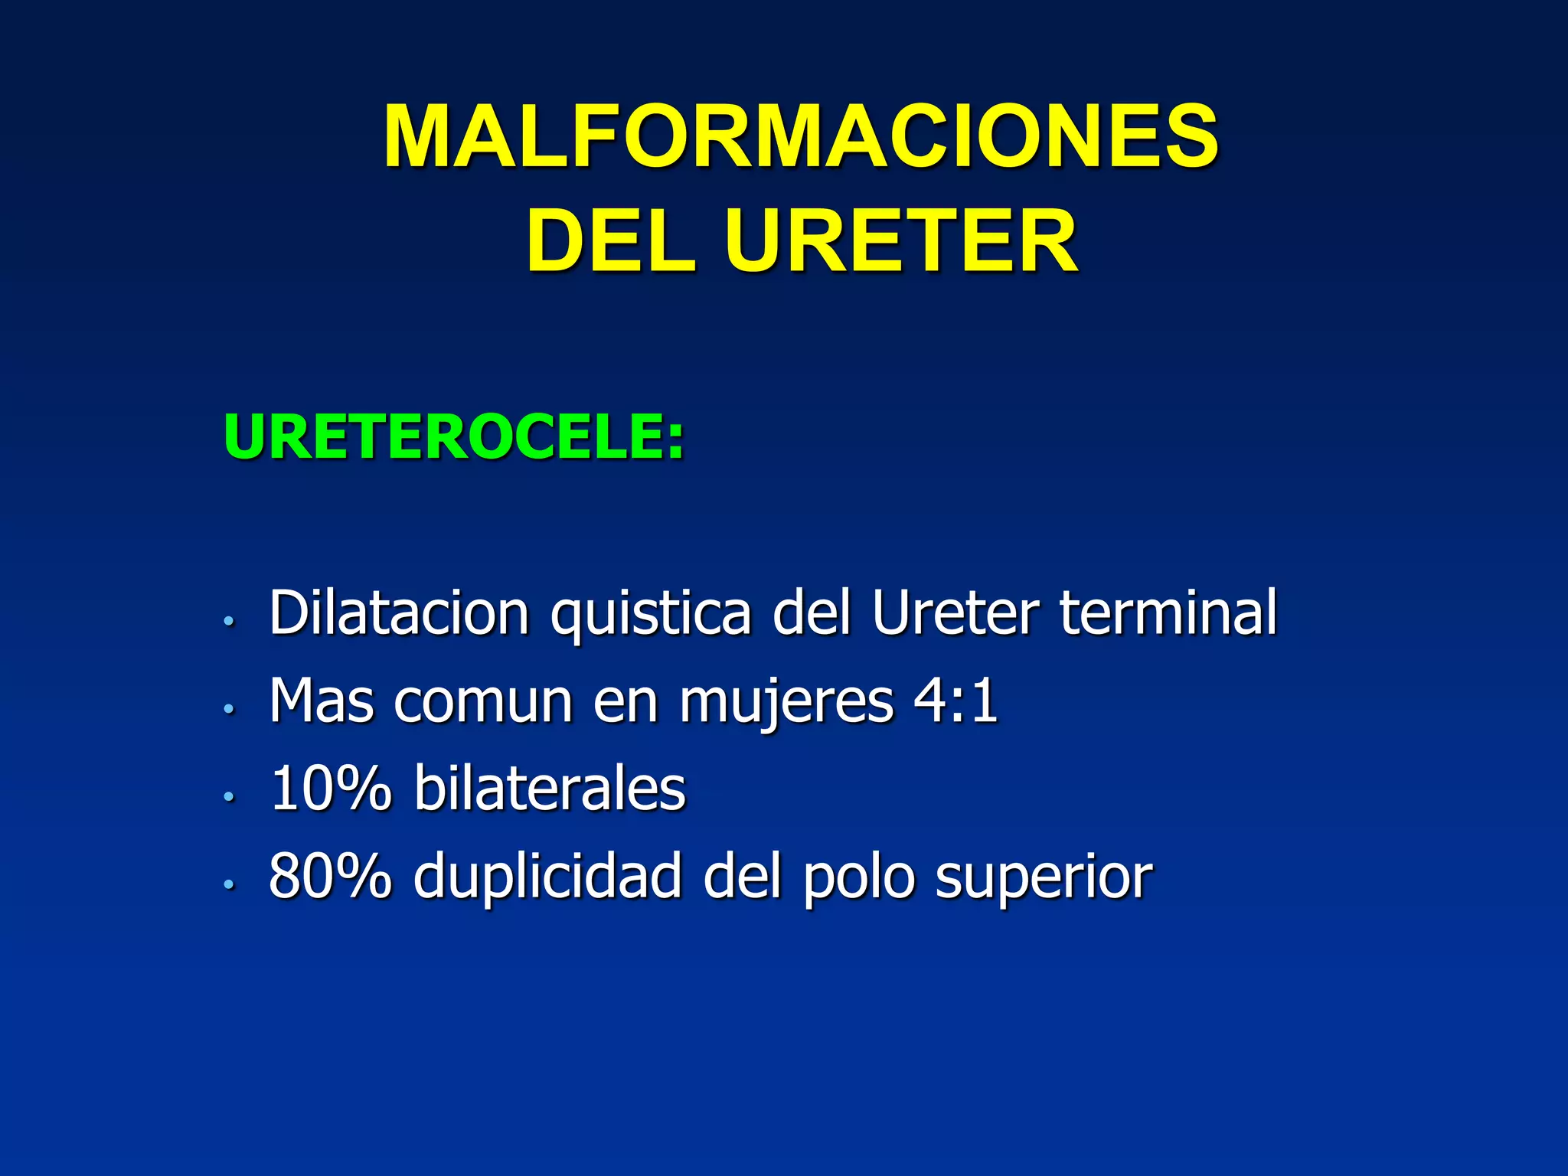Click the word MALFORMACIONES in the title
(801, 137)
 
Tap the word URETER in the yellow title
(901, 242)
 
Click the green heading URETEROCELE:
(454, 438)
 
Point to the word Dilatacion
(399, 613)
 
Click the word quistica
(651, 615)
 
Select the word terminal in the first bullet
(1168, 613)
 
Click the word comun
(483, 702)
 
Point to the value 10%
(330, 789)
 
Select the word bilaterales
(550, 789)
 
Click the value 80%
(330, 876)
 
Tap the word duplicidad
(547, 877)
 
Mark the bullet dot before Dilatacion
(228, 621)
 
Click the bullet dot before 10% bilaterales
(228, 797)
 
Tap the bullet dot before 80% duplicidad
(228, 884)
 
